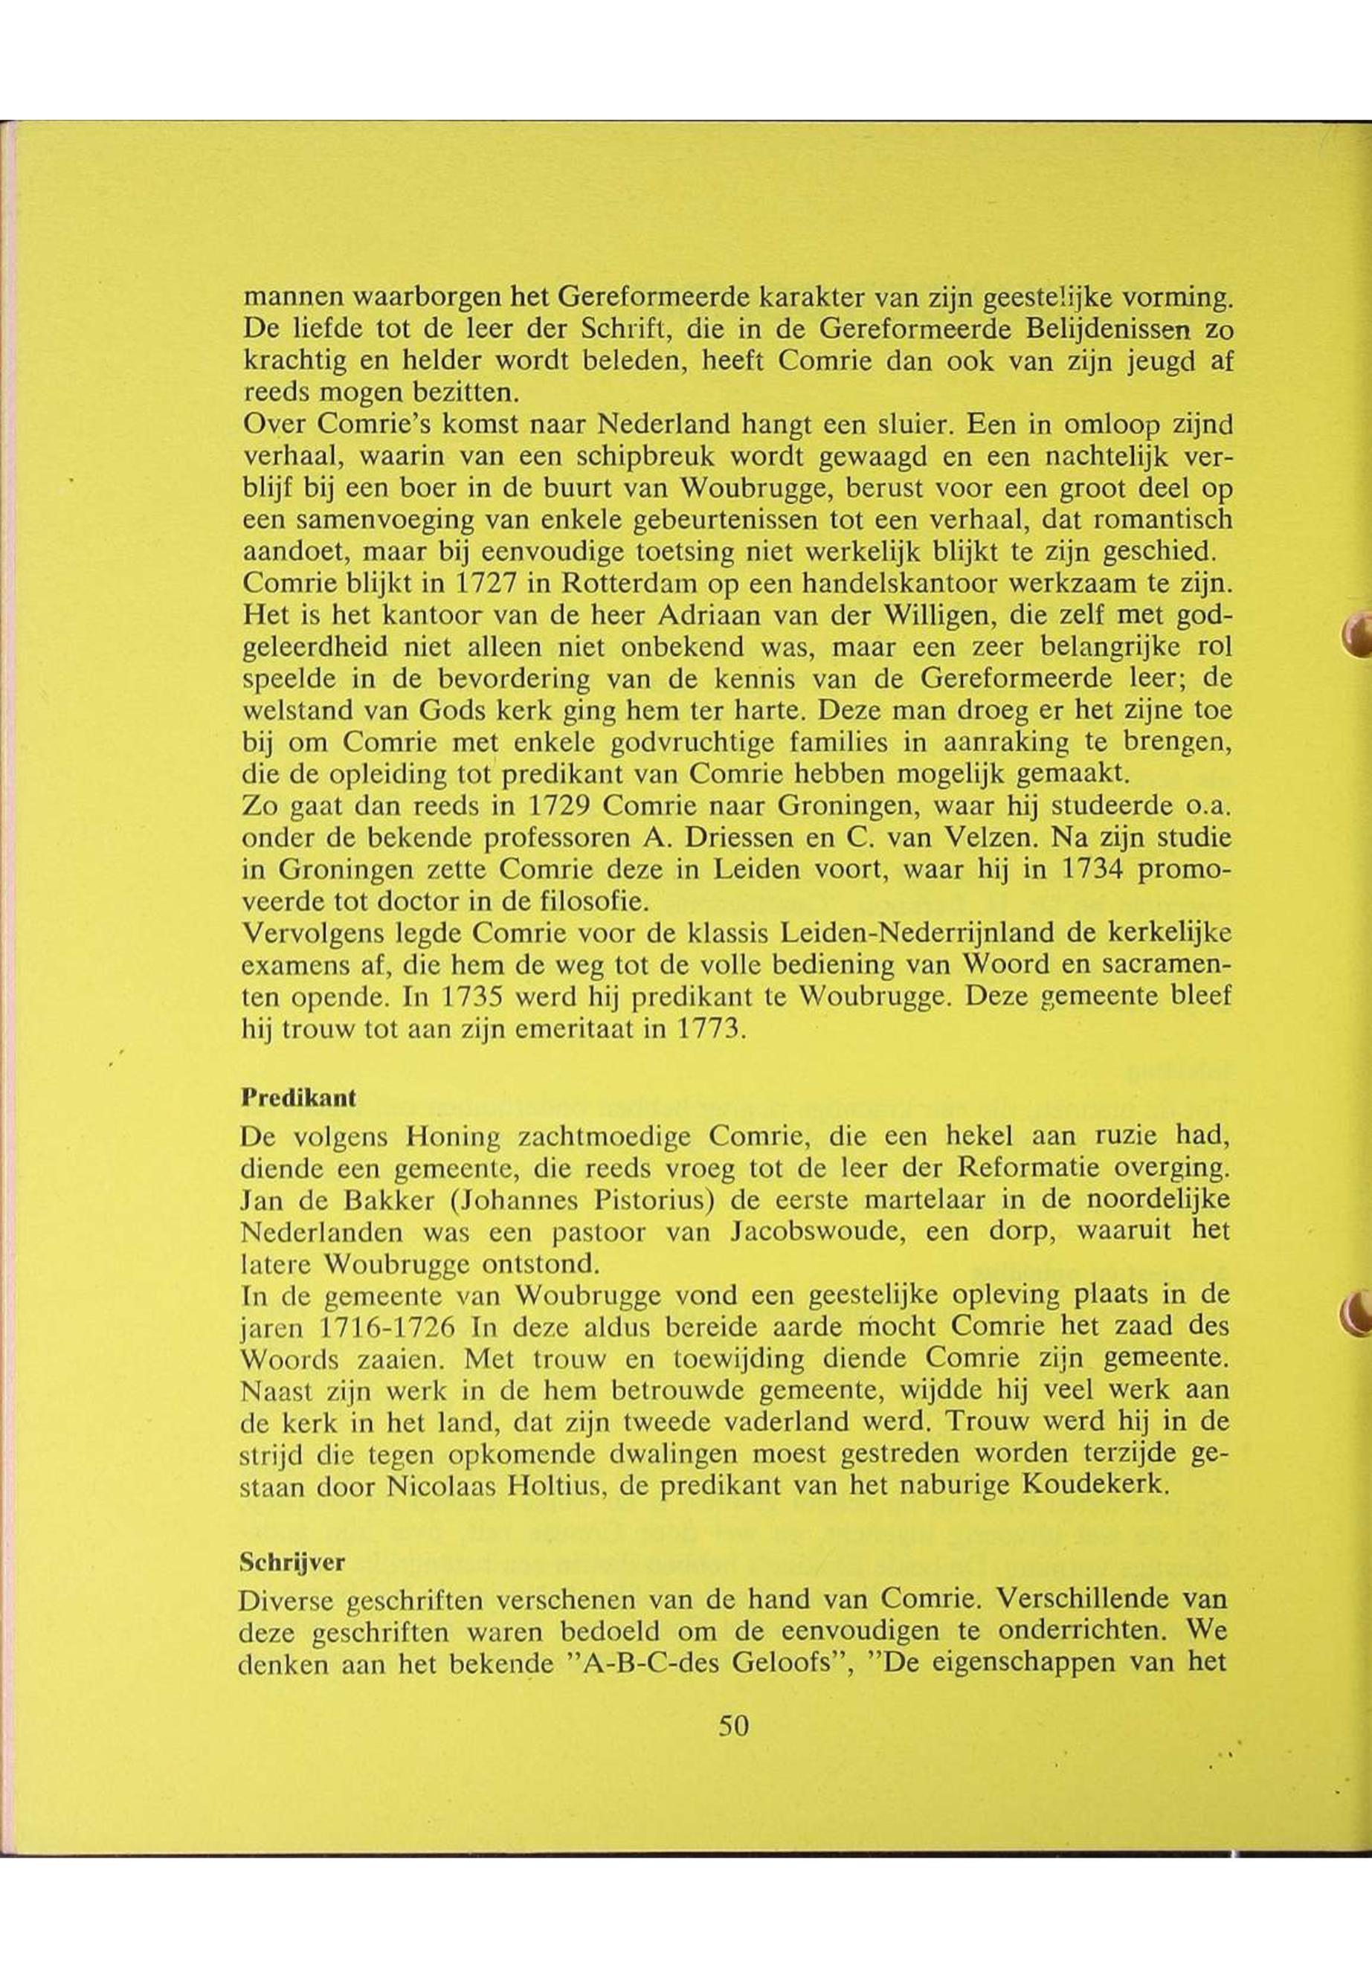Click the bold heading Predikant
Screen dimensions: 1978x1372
298,1098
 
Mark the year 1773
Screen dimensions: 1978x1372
702,1030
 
